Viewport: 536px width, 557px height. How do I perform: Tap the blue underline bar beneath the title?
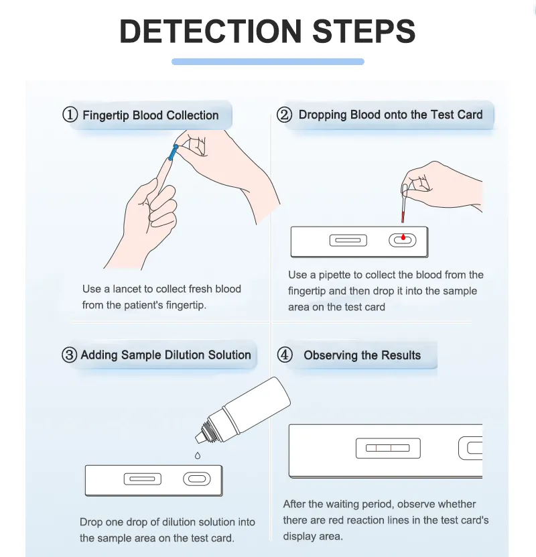click(x=268, y=62)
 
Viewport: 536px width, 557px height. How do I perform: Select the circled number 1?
click(x=70, y=115)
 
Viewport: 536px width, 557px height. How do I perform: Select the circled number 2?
click(x=285, y=115)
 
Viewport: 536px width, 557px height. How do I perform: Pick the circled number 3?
click(x=70, y=355)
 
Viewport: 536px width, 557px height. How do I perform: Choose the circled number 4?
click(x=285, y=355)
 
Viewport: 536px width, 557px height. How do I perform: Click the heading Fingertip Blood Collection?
click(x=150, y=115)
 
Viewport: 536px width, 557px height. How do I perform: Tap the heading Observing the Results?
click(x=362, y=355)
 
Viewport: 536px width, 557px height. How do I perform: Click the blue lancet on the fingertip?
click(x=174, y=152)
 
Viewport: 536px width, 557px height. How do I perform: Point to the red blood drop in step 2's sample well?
click(x=403, y=238)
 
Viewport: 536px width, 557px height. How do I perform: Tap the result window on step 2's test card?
click(x=348, y=240)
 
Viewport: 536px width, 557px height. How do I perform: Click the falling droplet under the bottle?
click(x=197, y=456)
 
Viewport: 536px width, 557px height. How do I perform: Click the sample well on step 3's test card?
click(x=197, y=479)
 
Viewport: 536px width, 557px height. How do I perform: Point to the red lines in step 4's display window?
click(x=384, y=447)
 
